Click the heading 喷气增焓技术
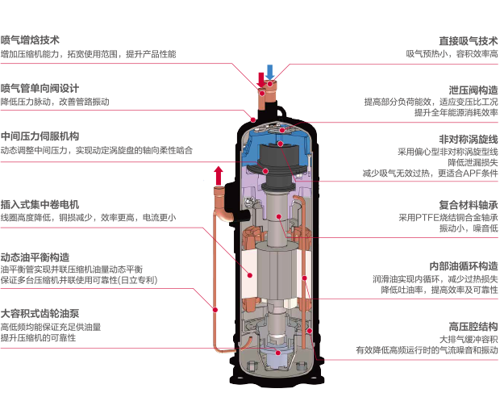pyautogui.click(x=31, y=40)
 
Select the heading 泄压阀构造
pyautogui.click(x=473, y=89)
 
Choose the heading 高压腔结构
pyautogui.click(x=473, y=325)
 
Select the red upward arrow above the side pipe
pyautogui.click(x=218, y=174)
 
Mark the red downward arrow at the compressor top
pyautogui.click(x=260, y=80)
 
